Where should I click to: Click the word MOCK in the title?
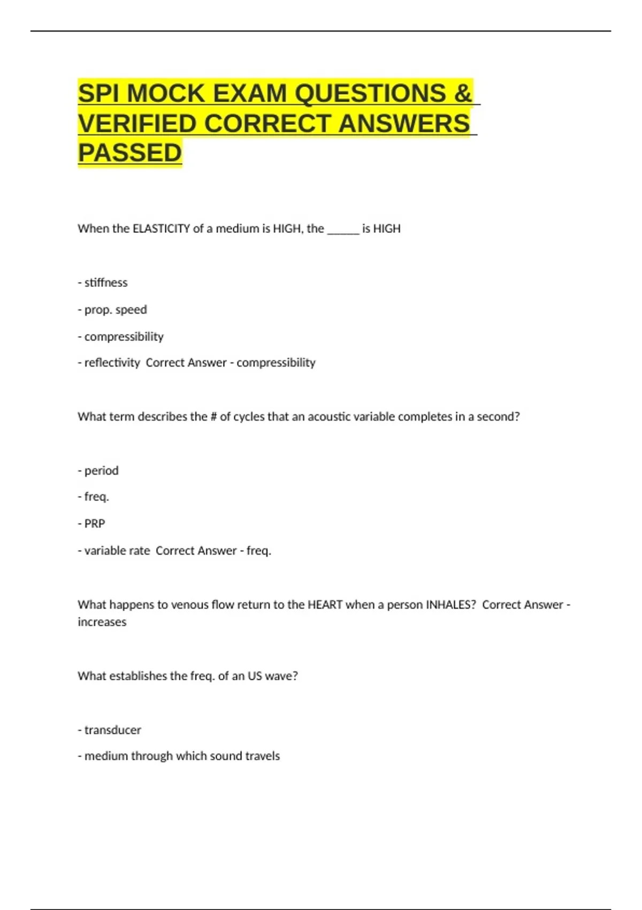166,94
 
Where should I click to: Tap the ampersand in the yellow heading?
463,94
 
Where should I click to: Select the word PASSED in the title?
130,153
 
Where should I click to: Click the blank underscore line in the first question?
343,230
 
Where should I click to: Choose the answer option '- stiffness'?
103,283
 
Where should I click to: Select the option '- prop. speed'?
112,310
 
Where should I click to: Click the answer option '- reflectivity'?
109,363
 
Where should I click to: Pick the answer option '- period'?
98,471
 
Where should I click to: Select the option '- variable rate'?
114,551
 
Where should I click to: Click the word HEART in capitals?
325,605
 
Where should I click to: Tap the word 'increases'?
102,622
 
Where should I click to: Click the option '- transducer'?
110,730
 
